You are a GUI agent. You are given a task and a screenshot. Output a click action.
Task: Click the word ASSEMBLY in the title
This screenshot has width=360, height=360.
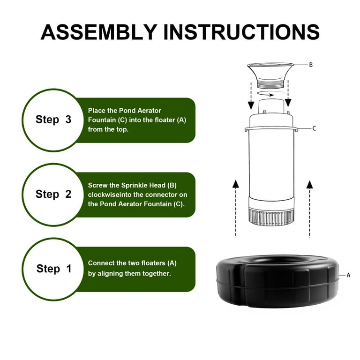click(x=99, y=32)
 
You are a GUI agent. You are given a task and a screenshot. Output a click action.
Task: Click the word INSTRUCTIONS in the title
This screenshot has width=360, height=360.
click(x=241, y=32)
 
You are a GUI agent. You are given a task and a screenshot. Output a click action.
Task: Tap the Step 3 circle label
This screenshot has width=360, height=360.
click(x=53, y=120)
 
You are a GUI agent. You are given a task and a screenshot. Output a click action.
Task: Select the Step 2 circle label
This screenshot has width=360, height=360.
click(x=53, y=194)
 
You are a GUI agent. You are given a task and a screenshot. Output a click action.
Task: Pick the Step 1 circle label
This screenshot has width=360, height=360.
click(x=53, y=269)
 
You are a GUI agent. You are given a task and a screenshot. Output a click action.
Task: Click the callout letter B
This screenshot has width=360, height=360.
click(x=311, y=65)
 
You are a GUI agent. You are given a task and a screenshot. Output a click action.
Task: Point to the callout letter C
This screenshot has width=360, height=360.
click(x=314, y=128)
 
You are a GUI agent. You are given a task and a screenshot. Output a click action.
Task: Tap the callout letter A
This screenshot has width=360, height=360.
click(x=348, y=275)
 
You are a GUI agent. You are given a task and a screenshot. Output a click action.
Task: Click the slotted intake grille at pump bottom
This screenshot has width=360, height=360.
click(x=271, y=217)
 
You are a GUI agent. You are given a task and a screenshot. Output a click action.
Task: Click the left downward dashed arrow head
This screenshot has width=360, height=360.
click(x=251, y=105)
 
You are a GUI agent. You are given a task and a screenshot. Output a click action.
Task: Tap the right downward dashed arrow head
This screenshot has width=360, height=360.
click(x=288, y=103)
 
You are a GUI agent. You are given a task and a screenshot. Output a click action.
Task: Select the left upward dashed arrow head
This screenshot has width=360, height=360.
click(x=236, y=184)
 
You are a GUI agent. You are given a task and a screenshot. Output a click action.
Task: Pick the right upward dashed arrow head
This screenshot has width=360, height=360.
click(x=310, y=185)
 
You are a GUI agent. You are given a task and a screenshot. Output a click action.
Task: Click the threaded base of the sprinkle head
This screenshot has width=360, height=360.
click(x=270, y=83)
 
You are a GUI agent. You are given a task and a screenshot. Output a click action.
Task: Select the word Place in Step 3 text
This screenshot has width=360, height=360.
click(x=97, y=111)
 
